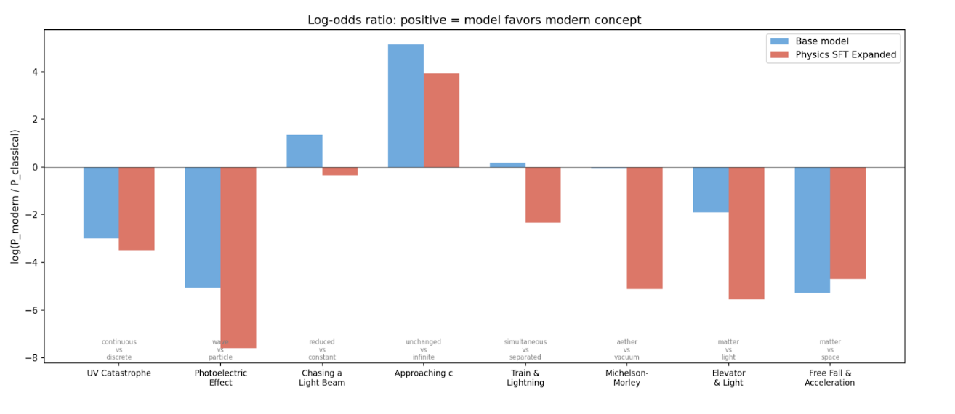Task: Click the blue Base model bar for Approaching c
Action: point(406,106)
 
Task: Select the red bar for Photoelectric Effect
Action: point(238,257)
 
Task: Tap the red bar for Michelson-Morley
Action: point(645,228)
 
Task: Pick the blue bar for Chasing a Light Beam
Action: point(305,151)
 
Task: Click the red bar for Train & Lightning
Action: point(543,195)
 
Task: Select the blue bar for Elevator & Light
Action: point(710,190)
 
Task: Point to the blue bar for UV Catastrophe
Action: point(101,203)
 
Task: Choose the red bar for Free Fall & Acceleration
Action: point(847,223)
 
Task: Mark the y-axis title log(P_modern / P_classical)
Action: point(15,196)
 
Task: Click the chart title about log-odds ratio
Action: point(474,20)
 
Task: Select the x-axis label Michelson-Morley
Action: point(626,378)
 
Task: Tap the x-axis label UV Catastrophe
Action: point(118,373)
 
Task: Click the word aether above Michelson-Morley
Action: point(626,342)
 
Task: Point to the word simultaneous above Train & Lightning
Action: point(525,342)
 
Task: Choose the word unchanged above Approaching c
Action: point(423,342)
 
